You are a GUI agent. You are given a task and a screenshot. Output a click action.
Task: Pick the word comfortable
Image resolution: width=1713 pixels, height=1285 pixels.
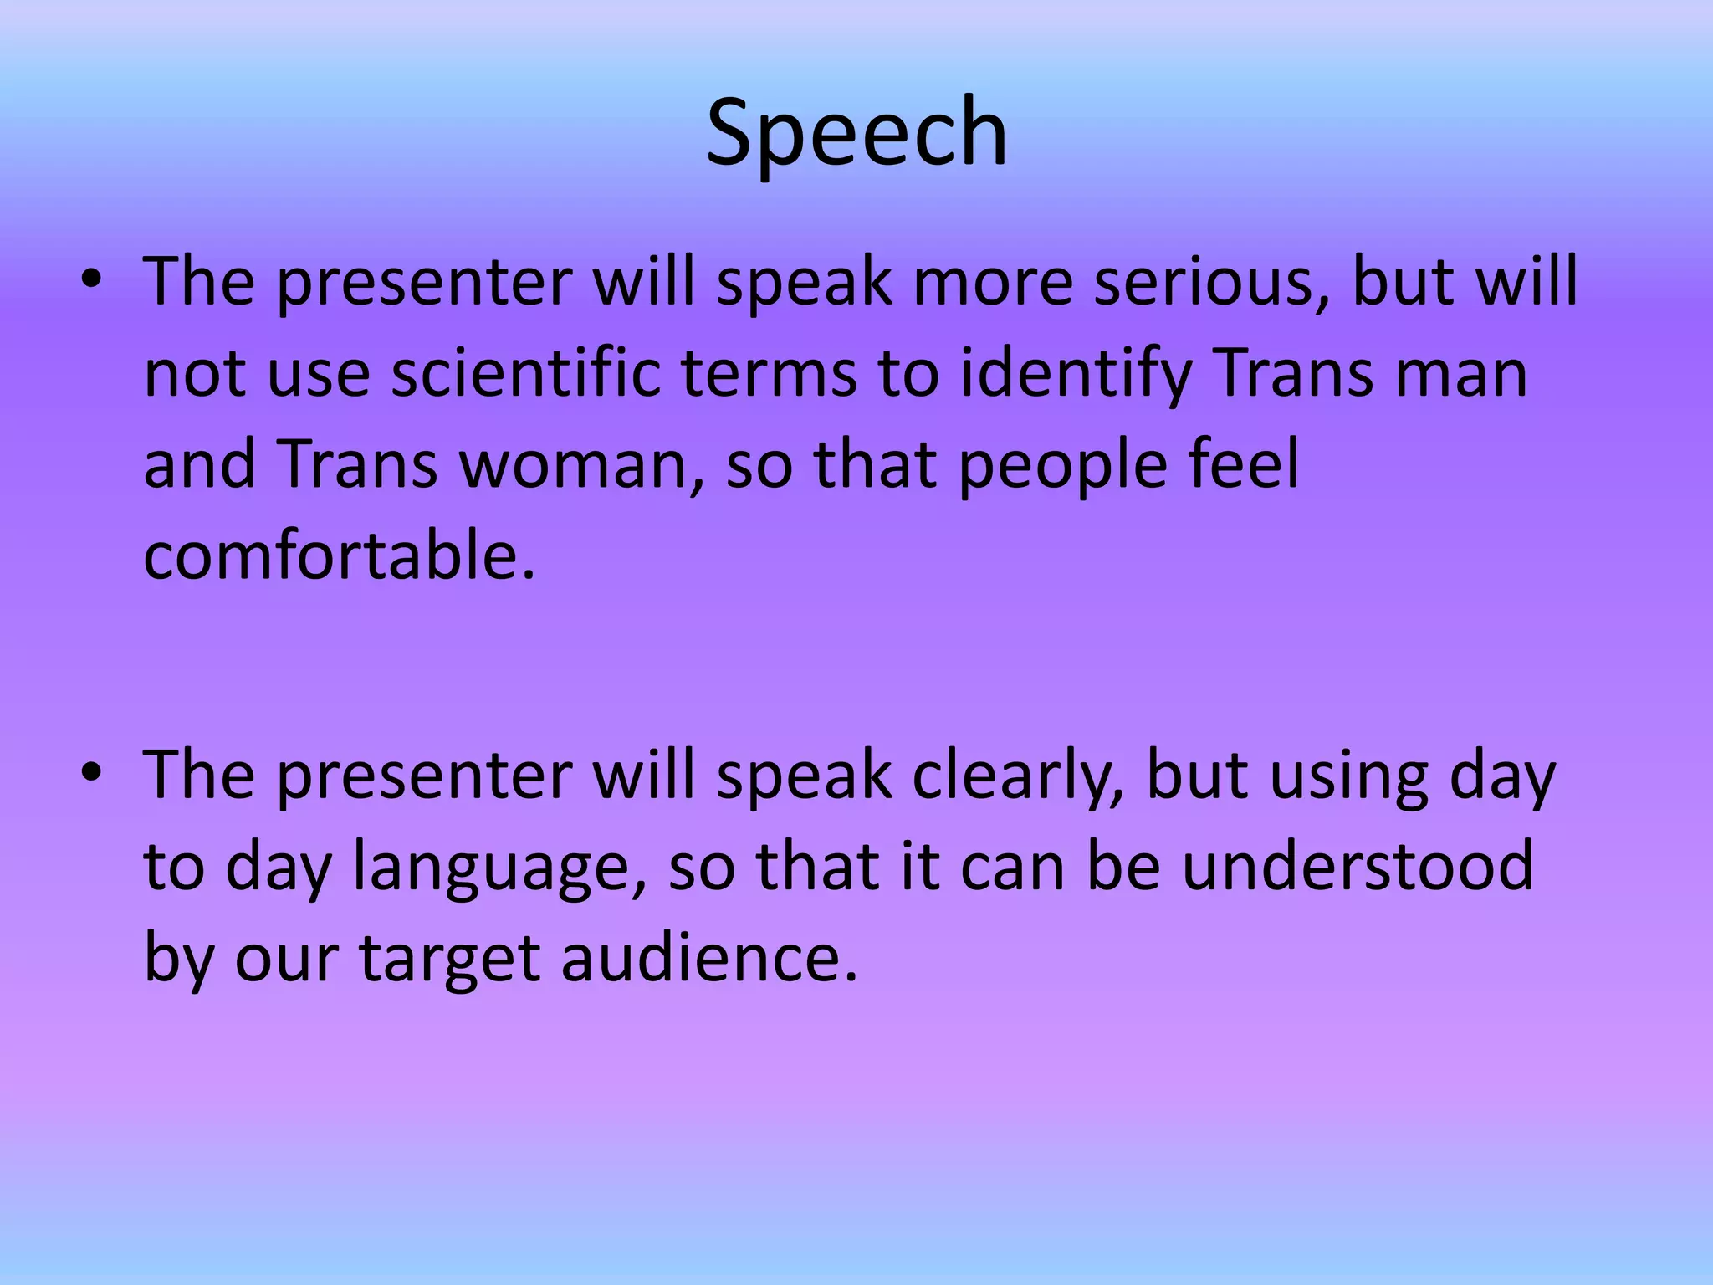[x=340, y=555]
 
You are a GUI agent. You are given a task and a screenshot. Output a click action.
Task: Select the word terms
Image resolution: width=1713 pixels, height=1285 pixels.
[x=769, y=373]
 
